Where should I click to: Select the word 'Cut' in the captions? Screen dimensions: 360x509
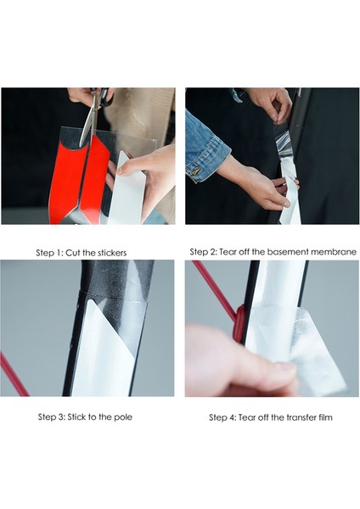tap(72, 253)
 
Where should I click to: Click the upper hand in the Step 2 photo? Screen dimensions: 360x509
tap(272, 103)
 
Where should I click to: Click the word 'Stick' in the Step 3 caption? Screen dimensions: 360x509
tap(76, 417)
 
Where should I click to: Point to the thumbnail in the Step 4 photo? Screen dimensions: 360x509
tap(284, 369)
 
